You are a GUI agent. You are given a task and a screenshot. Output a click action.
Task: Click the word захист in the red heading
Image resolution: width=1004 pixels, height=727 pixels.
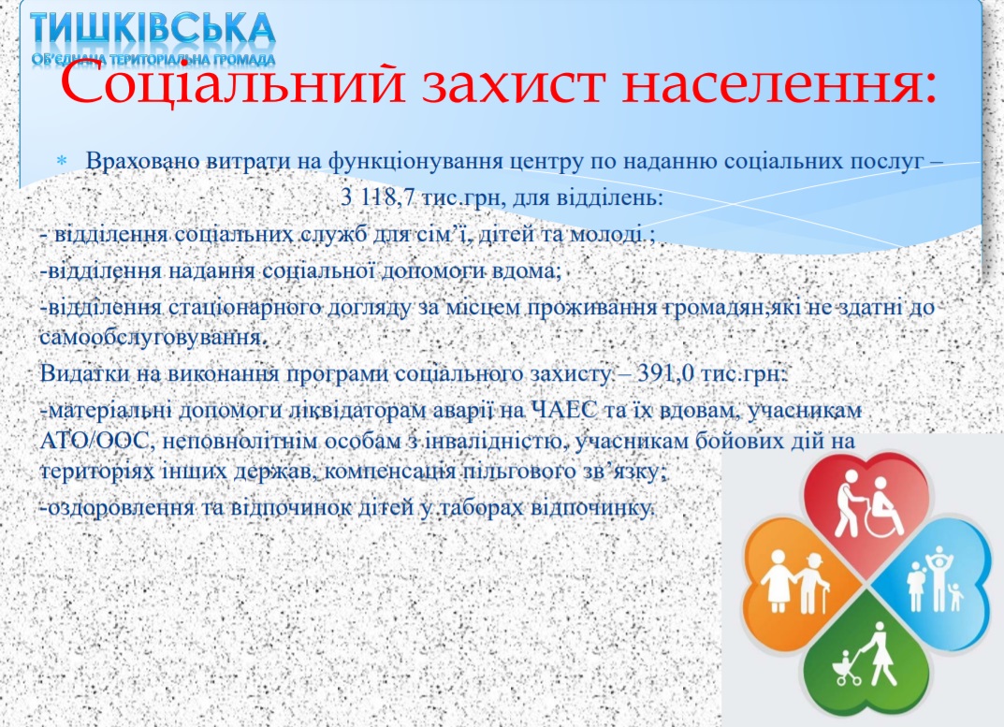pos(514,86)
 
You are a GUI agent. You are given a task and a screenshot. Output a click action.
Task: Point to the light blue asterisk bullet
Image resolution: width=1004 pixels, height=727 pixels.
pos(62,161)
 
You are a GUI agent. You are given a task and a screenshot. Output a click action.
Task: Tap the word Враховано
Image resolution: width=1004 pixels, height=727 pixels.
pos(142,161)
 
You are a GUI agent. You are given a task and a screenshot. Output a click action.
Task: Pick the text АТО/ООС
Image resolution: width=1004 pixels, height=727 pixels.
pos(95,441)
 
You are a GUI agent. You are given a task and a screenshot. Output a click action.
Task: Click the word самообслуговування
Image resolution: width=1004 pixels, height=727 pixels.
pos(151,338)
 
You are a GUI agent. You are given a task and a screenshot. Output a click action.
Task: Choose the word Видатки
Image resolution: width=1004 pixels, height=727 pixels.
pos(84,372)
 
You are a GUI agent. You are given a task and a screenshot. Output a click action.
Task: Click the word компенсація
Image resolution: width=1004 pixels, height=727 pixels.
pos(389,473)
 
